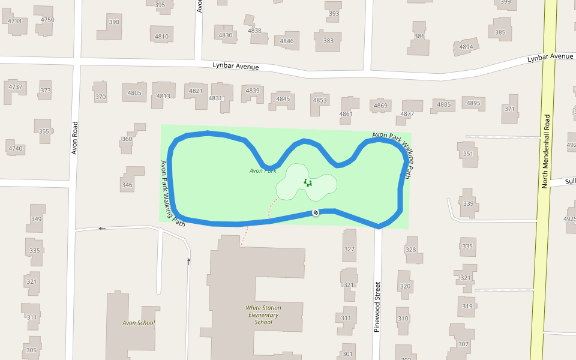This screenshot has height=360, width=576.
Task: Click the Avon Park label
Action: coord(263,171)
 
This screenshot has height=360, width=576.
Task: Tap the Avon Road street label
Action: coord(75,138)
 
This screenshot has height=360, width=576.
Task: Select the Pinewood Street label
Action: coord(377,307)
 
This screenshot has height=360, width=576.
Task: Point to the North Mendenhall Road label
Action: coord(546,151)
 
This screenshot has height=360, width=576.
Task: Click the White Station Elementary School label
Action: coord(263,315)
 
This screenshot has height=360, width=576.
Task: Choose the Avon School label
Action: coord(139,323)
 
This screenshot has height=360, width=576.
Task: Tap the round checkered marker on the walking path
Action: coord(315,212)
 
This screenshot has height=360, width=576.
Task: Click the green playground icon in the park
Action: coord(308,182)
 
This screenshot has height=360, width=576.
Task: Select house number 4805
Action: coord(134,93)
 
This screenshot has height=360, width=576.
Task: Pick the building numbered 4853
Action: coord(320,100)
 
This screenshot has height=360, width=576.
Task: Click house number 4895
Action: coord(473,103)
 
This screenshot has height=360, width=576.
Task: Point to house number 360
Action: coord(127,139)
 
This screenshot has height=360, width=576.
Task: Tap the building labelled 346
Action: coord(127,185)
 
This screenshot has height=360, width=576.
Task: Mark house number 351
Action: coord(468,154)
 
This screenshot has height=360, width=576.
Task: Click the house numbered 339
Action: coord(468,204)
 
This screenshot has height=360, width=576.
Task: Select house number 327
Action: coord(349,249)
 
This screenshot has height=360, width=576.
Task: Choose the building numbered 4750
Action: coord(47,20)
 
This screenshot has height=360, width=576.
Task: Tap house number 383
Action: coord(328,41)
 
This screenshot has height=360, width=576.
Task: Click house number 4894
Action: coord(466,47)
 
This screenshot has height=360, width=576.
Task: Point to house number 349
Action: coord(36,219)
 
